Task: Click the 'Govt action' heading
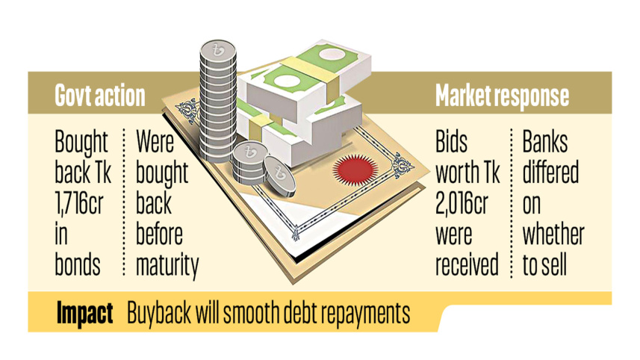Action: pyautogui.click(x=100, y=96)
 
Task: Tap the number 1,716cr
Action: pyautogui.click(x=79, y=203)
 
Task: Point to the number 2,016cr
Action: pyautogui.click(x=462, y=203)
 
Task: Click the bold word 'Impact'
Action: pyautogui.click(x=84, y=314)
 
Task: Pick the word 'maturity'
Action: pyautogui.click(x=167, y=266)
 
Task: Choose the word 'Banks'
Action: pyautogui.click(x=545, y=142)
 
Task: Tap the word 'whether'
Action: pyautogui.click(x=553, y=235)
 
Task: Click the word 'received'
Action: pyautogui.click(x=467, y=265)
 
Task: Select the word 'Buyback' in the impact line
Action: pyautogui.click(x=159, y=314)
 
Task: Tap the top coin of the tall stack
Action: pyautogui.click(x=218, y=51)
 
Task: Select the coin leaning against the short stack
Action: pyautogui.click(x=279, y=175)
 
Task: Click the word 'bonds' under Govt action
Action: pyautogui.click(x=78, y=265)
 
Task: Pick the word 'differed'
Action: pyautogui.click(x=550, y=173)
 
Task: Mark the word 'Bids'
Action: pyautogui.click(x=451, y=142)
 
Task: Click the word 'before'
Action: pyautogui.click(x=159, y=235)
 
